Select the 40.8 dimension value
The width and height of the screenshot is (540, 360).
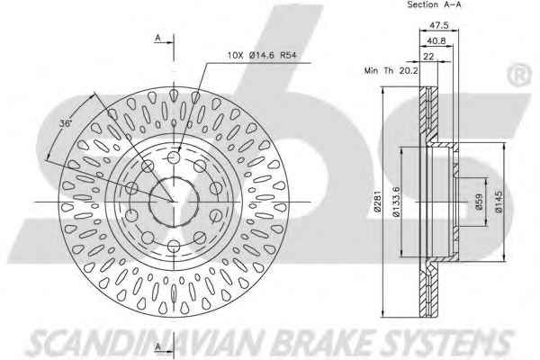pos(436,40)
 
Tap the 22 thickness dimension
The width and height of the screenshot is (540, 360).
pos(428,56)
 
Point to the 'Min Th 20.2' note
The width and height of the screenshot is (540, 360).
pos(391,70)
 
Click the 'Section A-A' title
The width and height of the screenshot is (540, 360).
pos(434,4)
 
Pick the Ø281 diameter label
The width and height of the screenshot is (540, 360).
pos(377,202)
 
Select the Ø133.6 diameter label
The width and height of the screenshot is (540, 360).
pos(396,202)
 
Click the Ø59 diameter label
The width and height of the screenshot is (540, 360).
pos(479,202)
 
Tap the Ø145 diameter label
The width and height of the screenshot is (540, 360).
pos(499,202)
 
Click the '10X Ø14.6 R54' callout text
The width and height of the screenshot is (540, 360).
pos(262,55)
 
